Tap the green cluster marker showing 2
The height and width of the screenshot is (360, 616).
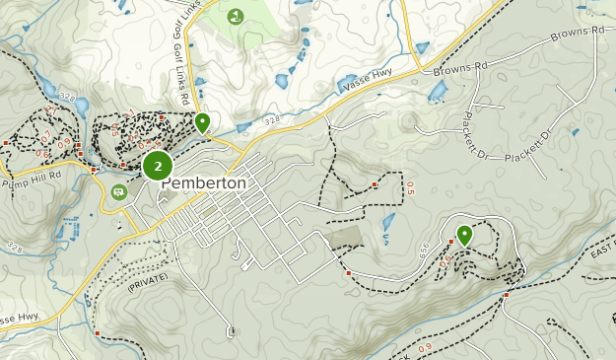[x=158, y=165]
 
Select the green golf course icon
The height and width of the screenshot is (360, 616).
[x=236, y=17]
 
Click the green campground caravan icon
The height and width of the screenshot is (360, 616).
[x=119, y=191]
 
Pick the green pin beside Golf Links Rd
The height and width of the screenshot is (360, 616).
[x=202, y=123]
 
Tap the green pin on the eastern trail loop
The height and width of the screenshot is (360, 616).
[x=463, y=236]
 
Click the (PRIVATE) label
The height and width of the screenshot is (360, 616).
[x=148, y=283]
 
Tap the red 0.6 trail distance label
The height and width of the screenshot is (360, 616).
[x=41, y=154]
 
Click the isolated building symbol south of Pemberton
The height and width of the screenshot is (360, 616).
[x=230, y=331]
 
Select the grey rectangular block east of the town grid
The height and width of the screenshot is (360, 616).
[x=346, y=237]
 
